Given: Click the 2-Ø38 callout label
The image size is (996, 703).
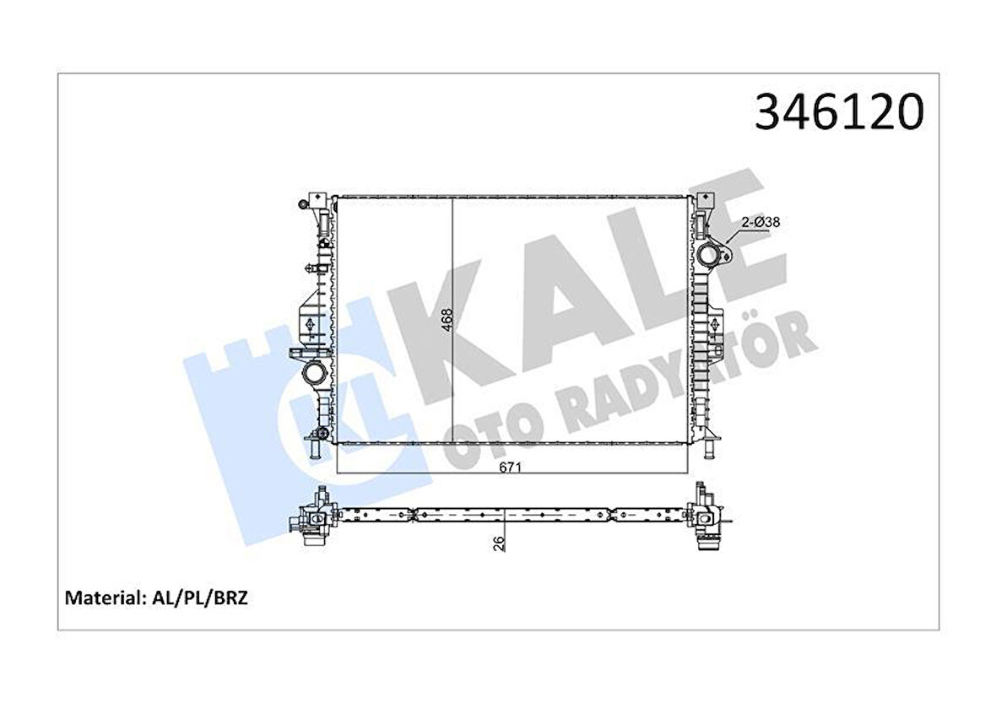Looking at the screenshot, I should (x=759, y=222).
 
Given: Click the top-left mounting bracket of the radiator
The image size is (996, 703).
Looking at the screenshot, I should (x=317, y=203).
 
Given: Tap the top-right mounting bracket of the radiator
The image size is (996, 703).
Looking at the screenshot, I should (x=706, y=203).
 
